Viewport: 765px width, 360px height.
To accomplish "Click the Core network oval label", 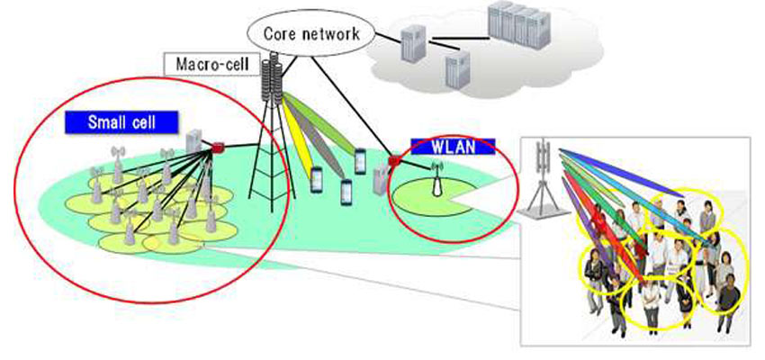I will click(310, 34).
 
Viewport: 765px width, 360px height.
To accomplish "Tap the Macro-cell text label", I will click(208, 65).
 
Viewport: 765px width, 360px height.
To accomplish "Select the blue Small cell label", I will click(121, 122).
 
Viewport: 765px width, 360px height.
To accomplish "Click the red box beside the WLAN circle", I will click(393, 163).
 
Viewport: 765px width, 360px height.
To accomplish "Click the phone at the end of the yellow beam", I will click(317, 179).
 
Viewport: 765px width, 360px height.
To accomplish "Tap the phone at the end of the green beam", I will click(360, 162).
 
